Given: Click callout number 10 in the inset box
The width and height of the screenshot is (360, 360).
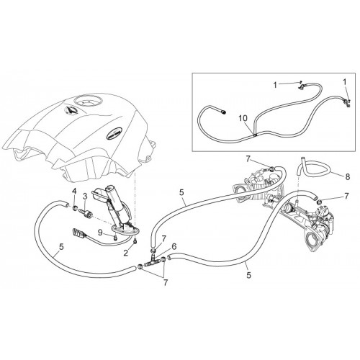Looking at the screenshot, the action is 243,118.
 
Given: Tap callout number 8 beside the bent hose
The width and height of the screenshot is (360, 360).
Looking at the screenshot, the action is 347,177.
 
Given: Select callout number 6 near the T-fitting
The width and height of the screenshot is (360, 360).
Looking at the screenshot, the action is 174,246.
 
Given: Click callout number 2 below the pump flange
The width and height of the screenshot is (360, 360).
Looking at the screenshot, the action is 126,253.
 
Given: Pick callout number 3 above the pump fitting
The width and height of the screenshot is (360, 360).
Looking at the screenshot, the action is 85,197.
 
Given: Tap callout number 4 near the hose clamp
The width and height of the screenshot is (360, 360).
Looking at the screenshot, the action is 74,192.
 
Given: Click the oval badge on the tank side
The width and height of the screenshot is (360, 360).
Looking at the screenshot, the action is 114,132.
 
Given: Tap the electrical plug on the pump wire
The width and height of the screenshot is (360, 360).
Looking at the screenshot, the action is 78,233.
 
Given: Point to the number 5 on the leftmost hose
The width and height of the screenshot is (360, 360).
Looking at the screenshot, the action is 62,247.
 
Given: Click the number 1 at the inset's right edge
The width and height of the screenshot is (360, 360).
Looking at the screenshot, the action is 345,82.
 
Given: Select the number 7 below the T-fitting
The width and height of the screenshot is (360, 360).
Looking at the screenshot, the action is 165,282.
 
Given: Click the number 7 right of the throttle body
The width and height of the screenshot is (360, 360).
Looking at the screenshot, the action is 346,197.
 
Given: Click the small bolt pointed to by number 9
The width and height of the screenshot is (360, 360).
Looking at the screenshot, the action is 116,238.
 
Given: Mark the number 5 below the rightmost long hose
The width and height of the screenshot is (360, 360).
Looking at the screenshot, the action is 248,275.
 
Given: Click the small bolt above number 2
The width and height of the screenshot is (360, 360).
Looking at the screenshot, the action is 135,241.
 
